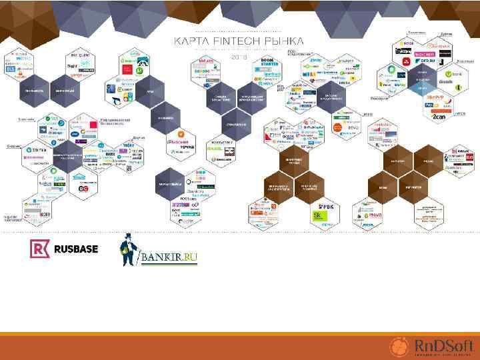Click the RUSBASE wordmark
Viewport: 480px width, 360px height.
pos(75,249)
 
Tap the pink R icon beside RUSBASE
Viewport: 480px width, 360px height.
pos(39,249)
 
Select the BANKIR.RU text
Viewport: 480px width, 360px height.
pos(168,257)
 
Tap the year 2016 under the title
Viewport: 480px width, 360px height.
pos(239,57)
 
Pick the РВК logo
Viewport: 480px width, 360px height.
pos(325,207)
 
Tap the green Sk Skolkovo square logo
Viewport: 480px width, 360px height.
pos(322,217)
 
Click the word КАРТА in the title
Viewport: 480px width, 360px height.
pos(190,42)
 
